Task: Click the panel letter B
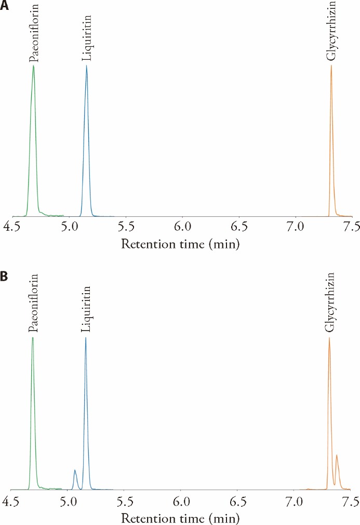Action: coord(5,276)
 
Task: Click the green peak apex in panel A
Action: coord(33,66)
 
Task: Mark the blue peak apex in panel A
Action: coord(86,66)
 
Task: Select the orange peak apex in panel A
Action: coord(331,65)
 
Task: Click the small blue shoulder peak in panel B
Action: coord(75,470)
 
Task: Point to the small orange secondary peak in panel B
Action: coord(337,455)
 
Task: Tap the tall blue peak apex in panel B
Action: coord(86,338)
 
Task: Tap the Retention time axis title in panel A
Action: coord(180,243)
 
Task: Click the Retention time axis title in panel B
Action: coord(180,518)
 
